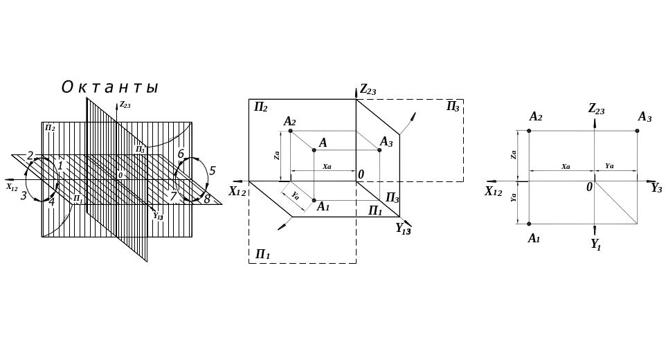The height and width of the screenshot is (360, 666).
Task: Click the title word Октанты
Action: click(x=110, y=88)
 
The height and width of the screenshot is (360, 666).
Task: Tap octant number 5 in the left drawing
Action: click(x=213, y=170)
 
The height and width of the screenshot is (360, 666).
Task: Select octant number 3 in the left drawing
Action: click(x=24, y=196)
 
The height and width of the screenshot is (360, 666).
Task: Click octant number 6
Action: click(x=181, y=154)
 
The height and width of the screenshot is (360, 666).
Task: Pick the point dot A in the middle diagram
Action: click(x=314, y=150)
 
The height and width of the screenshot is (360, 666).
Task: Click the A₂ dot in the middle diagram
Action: click(x=290, y=130)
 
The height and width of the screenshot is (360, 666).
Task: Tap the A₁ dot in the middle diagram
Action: click(x=314, y=201)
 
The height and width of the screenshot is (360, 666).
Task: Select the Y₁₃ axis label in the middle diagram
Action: click(x=403, y=228)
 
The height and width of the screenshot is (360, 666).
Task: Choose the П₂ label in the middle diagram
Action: click(x=261, y=107)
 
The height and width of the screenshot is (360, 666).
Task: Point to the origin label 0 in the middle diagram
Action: click(x=361, y=174)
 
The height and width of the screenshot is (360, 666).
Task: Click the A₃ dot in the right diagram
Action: click(x=638, y=130)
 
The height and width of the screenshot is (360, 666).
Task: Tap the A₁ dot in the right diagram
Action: click(x=530, y=224)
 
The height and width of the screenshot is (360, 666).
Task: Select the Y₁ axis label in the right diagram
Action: click(x=596, y=243)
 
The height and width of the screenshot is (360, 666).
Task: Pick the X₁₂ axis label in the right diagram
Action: click(x=493, y=191)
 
